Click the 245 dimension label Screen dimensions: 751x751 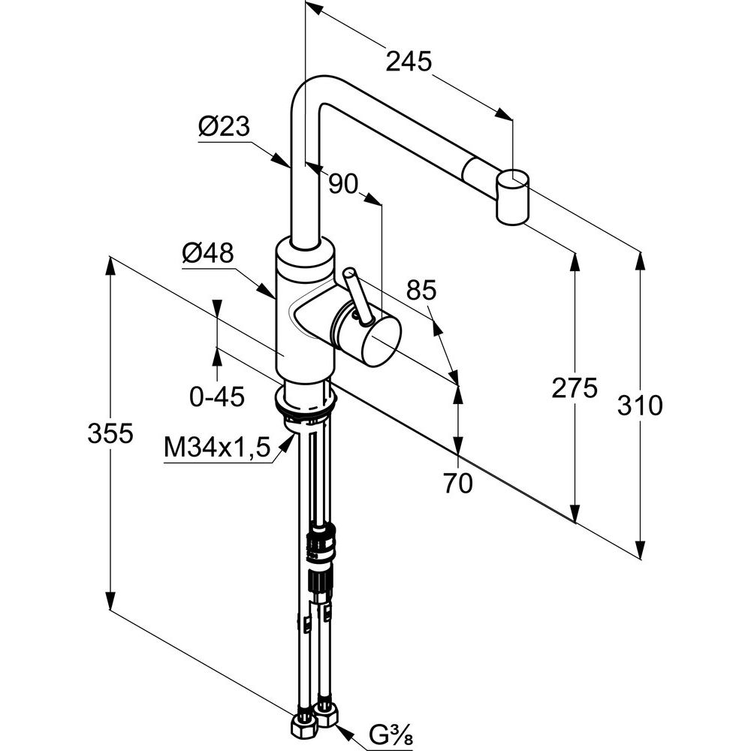click(409, 62)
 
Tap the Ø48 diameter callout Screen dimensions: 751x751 click(207, 254)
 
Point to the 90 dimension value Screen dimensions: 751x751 click(343, 184)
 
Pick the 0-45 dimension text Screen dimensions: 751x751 click(217, 397)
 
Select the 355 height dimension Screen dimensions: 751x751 click(110, 433)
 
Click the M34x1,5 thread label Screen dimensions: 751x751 click(216, 448)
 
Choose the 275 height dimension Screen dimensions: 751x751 click(574, 388)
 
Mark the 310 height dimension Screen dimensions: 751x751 click(639, 406)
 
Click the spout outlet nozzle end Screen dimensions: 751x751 click(513, 198)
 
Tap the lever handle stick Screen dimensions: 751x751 click(357, 297)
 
